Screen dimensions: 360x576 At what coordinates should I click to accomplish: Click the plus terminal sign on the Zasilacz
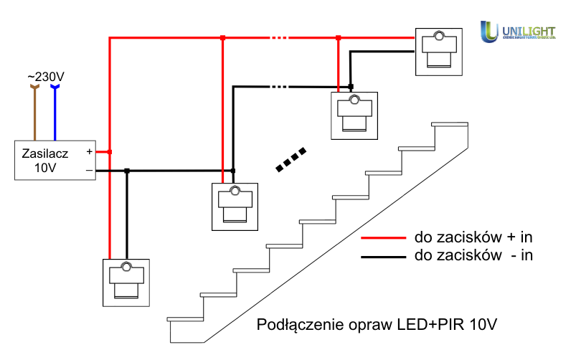click(89, 151)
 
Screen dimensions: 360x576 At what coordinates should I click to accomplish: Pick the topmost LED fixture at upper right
click(440, 51)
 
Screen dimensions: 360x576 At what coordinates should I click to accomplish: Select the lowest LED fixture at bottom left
click(126, 283)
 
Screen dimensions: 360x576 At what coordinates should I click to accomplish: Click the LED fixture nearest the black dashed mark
click(234, 207)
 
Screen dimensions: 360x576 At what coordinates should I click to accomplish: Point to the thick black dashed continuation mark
click(292, 159)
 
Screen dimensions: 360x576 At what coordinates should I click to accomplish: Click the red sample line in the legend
click(383, 237)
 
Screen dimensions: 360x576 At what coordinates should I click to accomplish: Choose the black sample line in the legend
click(383, 255)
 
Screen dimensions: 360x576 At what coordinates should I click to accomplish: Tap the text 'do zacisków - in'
click(473, 255)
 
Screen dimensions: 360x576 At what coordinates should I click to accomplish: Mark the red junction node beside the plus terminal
click(109, 151)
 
